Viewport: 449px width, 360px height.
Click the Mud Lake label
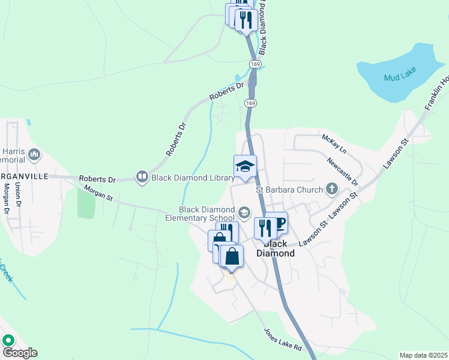(x=397, y=76)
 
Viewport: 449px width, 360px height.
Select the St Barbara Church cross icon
(x=331, y=190)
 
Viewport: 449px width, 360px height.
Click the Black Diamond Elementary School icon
(x=244, y=212)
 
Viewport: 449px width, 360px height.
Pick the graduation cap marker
(x=245, y=166)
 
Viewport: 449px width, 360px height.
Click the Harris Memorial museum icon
(x=34, y=155)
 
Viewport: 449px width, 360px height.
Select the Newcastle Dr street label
(x=343, y=172)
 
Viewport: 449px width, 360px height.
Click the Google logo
(x=19, y=353)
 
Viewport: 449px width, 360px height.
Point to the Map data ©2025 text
(x=423, y=355)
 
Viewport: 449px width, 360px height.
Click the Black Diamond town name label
(x=276, y=248)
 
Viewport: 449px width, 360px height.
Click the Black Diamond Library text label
(x=193, y=178)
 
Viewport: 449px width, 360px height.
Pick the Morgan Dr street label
(x=6, y=200)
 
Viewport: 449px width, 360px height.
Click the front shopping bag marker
(x=232, y=256)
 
